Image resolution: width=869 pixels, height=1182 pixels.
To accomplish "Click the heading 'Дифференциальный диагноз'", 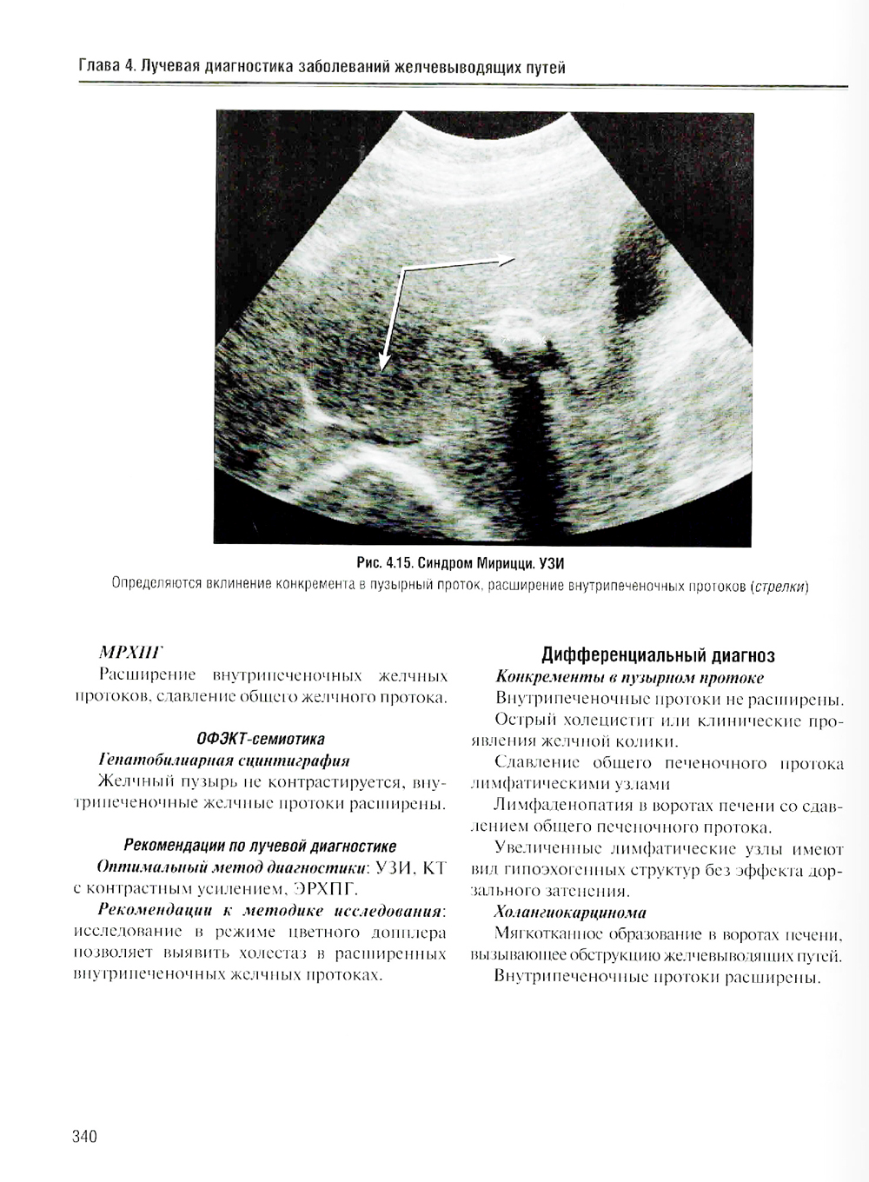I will click(x=658, y=654).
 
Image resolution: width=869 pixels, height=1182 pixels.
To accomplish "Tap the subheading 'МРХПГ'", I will click(x=131, y=652).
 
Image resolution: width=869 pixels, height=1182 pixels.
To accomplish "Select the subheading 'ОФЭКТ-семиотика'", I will click(x=261, y=739).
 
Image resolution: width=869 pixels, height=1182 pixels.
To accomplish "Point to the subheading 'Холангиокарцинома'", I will click(x=570, y=913).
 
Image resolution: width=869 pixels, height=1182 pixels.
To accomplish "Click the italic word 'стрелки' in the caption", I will click(x=779, y=586).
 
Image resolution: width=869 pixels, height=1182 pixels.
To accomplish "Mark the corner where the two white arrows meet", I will click(x=402, y=270).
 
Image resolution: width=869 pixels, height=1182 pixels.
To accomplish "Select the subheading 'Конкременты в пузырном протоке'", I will click(x=629, y=677).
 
